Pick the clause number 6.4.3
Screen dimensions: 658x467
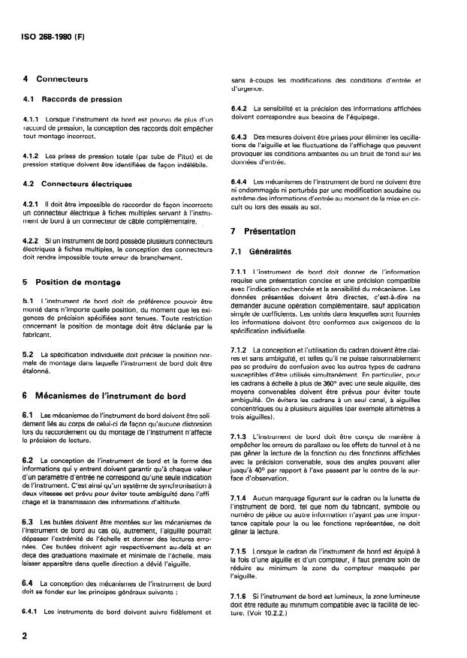coord(240,137)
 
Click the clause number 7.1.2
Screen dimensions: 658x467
coord(240,350)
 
